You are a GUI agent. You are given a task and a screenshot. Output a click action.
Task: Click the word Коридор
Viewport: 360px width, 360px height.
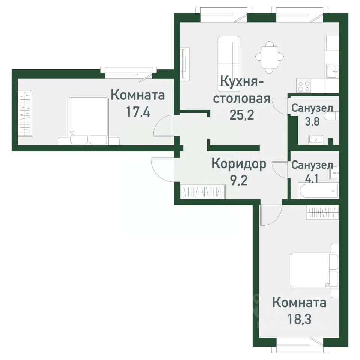click(x=239, y=164)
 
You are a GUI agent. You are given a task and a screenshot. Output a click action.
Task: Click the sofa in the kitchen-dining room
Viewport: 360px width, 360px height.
click(x=229, y=56)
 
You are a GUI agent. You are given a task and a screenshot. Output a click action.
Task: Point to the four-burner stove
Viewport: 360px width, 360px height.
click(x=304, y=86)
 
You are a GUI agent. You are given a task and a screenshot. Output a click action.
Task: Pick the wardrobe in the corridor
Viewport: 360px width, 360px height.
click(x=202, y=192)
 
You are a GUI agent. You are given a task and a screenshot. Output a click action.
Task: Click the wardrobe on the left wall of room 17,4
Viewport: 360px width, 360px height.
click(x=25, y=112)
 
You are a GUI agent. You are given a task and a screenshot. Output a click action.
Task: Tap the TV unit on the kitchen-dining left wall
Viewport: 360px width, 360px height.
click(x=184, y=63)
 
